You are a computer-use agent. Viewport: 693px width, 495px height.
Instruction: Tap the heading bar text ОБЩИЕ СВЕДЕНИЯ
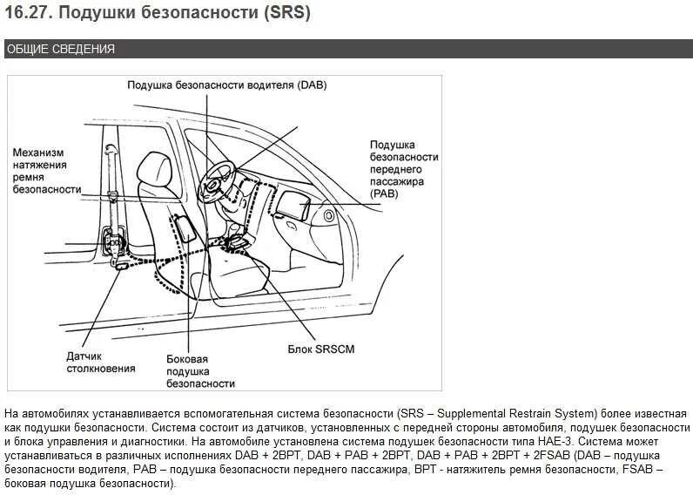click(61, 49)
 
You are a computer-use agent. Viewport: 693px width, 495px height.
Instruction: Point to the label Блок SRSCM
click(321, 349)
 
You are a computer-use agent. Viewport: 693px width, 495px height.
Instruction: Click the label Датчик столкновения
click(100, 362)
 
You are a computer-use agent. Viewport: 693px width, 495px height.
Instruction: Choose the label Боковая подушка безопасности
click(199, 370)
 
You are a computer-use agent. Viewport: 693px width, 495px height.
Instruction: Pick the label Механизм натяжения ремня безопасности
click(47, 170)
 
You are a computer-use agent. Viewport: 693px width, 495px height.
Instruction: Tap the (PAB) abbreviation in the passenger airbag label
click(384, 193)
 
